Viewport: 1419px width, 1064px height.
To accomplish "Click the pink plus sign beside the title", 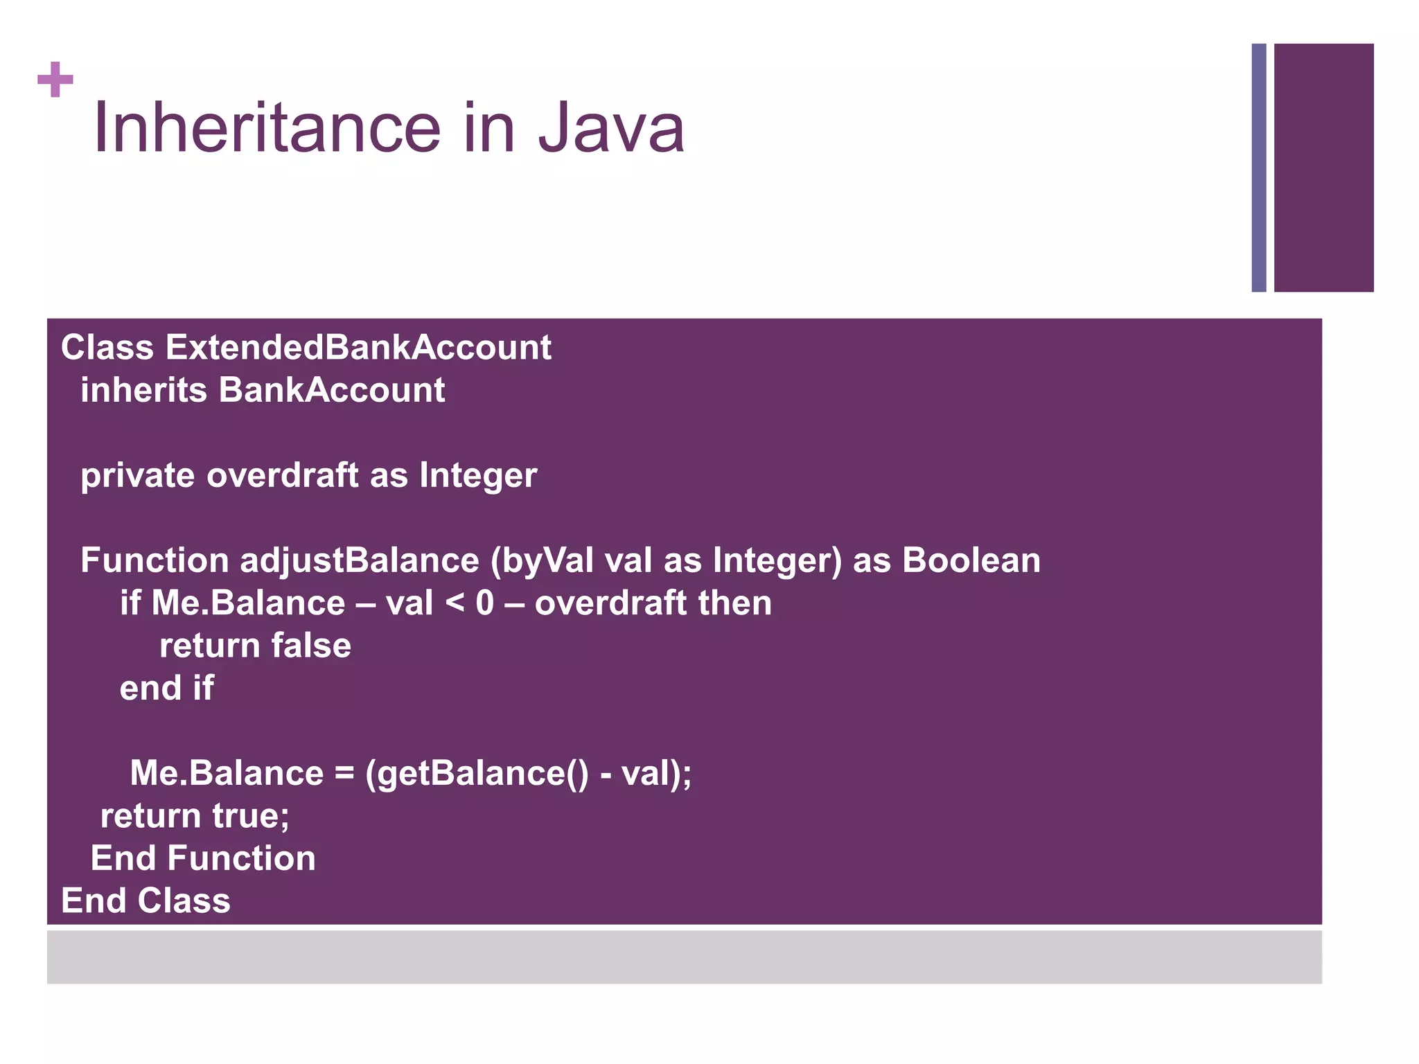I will pos(55,80).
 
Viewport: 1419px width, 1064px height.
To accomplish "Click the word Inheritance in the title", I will pos(267,128).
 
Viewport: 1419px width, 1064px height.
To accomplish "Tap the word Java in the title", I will pos(611,128).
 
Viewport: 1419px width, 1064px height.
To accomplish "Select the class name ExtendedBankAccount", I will pos(358,347).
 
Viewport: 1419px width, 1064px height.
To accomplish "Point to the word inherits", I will pos(143,390).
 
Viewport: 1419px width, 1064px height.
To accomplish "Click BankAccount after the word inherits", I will pos(332,390).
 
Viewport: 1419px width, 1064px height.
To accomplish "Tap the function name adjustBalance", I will pos(359,560).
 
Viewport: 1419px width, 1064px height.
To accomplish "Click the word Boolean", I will pos(971,560).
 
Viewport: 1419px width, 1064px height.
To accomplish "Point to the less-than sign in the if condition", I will pos(455,603).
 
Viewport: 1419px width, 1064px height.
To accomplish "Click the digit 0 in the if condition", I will pos(485,603).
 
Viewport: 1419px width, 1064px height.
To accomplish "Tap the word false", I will pos(311,646).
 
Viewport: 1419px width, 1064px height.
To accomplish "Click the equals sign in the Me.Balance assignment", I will pos(344,774).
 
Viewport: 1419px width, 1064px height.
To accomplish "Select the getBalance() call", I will pos(477,774).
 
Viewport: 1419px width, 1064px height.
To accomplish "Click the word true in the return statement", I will pos(250,816).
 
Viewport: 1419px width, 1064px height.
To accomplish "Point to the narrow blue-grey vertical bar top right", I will pos(1259,168).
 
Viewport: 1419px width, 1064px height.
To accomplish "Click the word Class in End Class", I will pos(184,901).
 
